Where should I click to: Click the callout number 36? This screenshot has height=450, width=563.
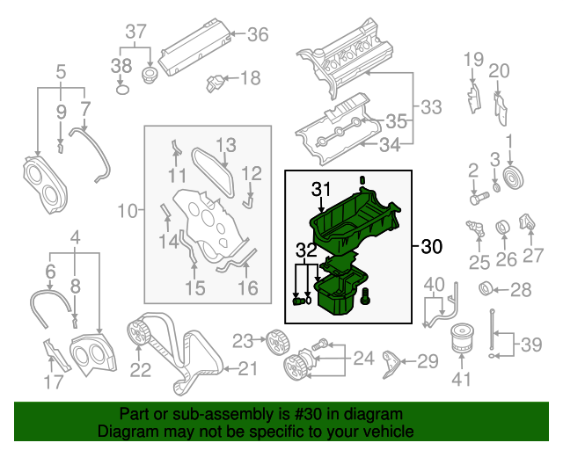pyautogui.click(x=257, y=35)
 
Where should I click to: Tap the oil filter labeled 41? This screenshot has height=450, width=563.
pyautogui.click(x=462, y=341)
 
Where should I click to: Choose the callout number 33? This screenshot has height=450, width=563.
pyautogui.click(x=430, y=107)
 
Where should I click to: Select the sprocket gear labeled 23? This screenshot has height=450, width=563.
pyautogui.click(x=273, y=339)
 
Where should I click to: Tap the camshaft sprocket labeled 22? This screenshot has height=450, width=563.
pyautogui.click(x=138, y=334)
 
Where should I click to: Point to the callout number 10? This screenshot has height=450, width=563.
pyautogui.click(x=128, y=211)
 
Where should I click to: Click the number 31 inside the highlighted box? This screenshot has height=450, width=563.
pyautogui.click(x=319, y=188)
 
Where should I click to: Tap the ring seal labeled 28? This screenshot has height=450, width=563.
pyautogui.click(x=485, y=289)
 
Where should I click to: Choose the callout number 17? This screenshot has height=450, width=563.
pyautogui.click(x=55, y=381)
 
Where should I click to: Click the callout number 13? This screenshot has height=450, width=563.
pyautogui.click(x=226, y=143)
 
